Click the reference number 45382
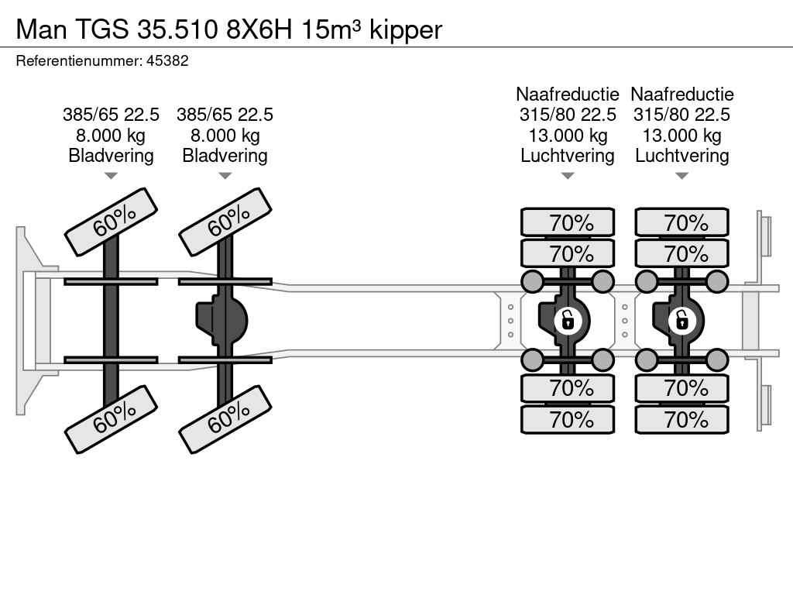pyautogui.click(x=167, y=60)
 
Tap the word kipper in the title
pyautogui.click(x=406, y=29)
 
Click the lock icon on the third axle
pyautogui.click(x=568, y=319)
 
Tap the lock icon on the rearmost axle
pyautogui.click(x=681, y=319)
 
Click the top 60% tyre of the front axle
pyautogui.click(x=111, y=222)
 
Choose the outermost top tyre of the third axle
pyautogui.click(x=568, y=222)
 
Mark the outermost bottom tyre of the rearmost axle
pyautogui.click(x=682, y=419)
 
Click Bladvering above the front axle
pyautogui.click(x=111, y=156)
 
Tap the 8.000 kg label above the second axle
pyautogui.click(x=225, y=136)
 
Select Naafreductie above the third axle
pyautogui.click(x=568, y=95)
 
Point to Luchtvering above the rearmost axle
pyautogui.click(x=682, y=156)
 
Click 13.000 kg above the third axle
pyautogui.click(x=568, y=136)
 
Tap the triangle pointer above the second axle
pyautogui.click(x=225, y=176)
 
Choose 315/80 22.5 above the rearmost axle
pyautogui.click(x=682, y=115)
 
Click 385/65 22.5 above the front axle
pyautogui.click(x=111, y=115)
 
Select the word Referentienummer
pyautogui.click(x=77, y=60)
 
